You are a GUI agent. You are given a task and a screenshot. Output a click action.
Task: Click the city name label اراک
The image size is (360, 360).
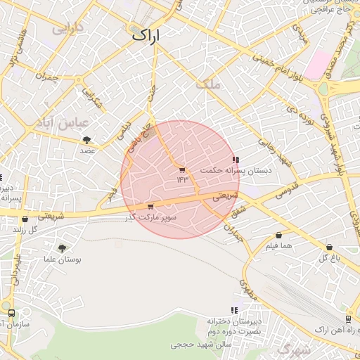click(x=146, y=34)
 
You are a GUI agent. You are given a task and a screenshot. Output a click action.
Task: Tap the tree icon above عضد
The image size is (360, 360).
click(x=86, y=140)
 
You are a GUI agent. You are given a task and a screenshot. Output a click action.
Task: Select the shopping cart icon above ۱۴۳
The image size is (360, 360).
click(x=183, y=169)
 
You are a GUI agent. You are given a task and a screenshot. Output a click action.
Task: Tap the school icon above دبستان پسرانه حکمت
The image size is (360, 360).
click(x=236, y=160)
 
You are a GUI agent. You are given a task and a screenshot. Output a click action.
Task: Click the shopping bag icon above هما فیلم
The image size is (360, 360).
click(x=279, y=235)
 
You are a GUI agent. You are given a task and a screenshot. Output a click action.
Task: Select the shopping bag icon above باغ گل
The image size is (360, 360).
click(x=330, y=247)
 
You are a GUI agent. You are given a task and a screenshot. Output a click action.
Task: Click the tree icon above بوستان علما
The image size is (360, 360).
click(x=63, y=248)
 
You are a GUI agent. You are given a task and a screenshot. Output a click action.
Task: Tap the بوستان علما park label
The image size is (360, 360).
click(x=63, y=259)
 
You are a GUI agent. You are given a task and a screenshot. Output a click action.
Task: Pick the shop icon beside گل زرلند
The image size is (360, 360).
click(x=25, y=219)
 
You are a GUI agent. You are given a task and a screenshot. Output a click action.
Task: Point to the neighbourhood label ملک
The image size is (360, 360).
click(x=210, y=84)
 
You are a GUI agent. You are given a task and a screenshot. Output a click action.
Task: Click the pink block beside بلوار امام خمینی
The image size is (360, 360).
click(x=321, y=63)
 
